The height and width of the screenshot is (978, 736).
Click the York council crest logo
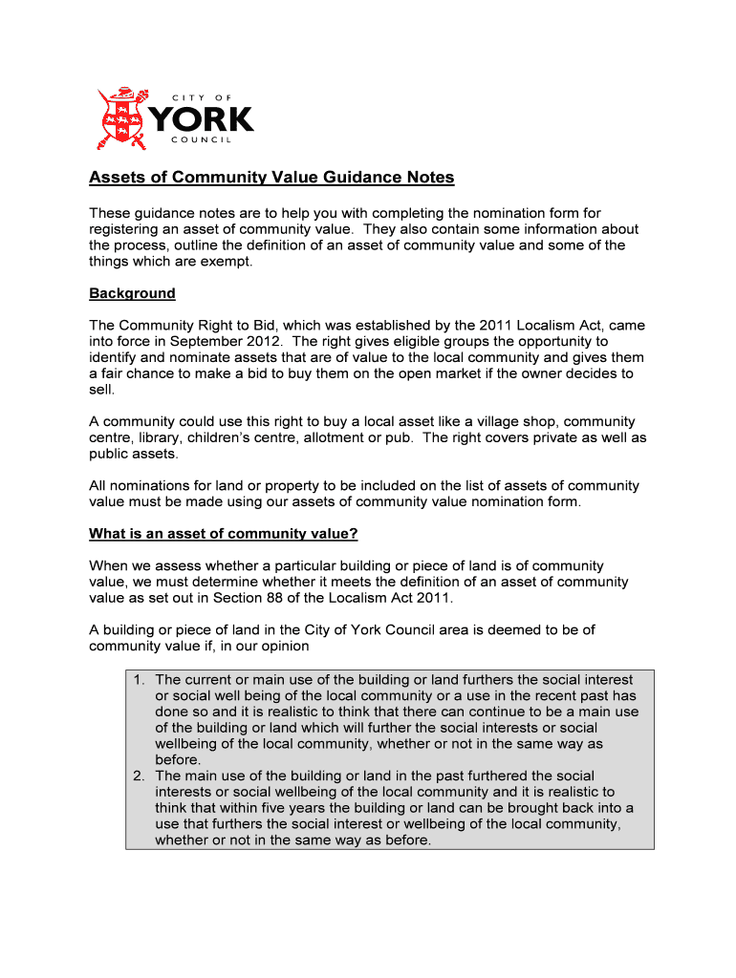(x=121, y=118)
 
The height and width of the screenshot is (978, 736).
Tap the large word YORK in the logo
(x=203, y=119)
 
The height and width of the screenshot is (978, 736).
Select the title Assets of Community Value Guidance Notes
(x=271, y=178)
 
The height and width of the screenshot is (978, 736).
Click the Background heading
(x=132, y=293)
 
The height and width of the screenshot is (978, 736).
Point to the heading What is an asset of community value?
(x=223, y=533)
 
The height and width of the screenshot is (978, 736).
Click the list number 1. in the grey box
(x=140, y=680)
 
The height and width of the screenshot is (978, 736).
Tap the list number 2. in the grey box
(x=140, y=776)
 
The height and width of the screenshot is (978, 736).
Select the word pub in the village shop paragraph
(x=400, y=438)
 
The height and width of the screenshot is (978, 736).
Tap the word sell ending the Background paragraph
(x=101, y=391)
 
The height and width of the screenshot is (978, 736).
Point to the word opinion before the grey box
(x=283, y=647)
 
